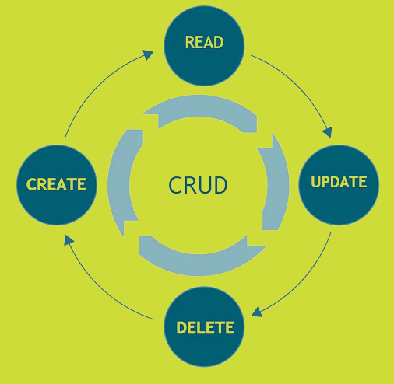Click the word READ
204,42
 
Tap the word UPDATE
339,182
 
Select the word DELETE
205,327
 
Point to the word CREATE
56,184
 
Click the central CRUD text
198,185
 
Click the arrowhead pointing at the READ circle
148,54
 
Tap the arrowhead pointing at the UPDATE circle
328,132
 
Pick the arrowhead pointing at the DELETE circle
257,312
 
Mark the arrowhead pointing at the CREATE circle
69,240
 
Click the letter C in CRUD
174,185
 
